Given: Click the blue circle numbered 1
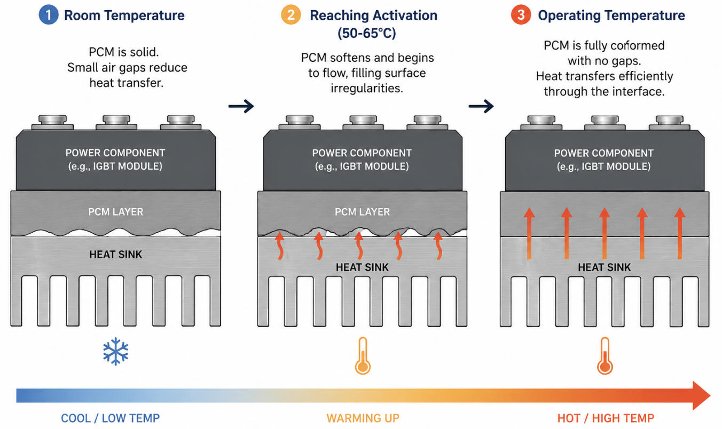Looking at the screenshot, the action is [49, 15].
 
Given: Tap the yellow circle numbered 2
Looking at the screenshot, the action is [291, 15].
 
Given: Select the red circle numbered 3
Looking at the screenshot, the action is [521, 15].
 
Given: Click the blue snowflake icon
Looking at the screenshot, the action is [116, 352].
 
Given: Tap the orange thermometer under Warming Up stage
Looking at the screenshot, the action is [363, 356].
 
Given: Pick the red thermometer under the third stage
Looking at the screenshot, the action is [605, 356].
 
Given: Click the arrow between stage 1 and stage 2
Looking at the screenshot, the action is [241, 106].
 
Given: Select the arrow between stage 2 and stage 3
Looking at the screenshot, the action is [481, 106].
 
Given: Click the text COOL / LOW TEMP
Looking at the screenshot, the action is [110, 418].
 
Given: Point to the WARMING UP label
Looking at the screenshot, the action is [363, 418].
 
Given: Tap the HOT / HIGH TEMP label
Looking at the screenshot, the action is [606, 418].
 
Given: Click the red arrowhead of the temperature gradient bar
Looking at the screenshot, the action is [701, 395].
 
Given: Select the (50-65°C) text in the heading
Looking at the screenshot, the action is [367, 33].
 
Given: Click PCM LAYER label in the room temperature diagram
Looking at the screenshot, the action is [116, 212].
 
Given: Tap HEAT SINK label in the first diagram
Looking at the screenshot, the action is [116, 255].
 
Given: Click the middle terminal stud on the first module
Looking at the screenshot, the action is [116, 122].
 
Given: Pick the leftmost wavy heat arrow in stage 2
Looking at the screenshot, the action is [280, 245].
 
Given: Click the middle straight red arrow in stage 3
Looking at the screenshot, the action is [605, 234].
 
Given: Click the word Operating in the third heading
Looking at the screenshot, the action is [569, 15].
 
